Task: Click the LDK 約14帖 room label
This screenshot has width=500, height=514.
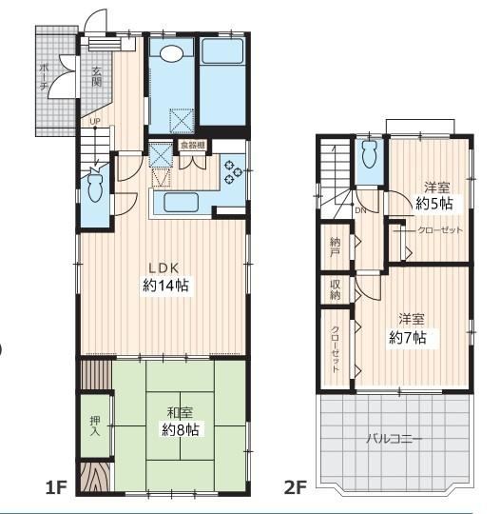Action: pos(165,277)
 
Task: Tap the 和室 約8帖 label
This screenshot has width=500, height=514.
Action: pos(181,422)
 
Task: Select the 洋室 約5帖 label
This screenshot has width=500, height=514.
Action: pos(434,196)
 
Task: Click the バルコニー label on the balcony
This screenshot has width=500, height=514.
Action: pos(394,438)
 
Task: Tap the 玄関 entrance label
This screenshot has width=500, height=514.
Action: pos(96,77)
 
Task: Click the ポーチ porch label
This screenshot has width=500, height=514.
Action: pos(44,77)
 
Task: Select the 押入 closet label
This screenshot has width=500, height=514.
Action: pos(95,425)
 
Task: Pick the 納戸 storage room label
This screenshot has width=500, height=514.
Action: pos(335,247)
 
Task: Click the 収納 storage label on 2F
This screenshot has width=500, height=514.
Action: pos(335,289)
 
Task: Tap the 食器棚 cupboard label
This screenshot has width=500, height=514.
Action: pos(193,145)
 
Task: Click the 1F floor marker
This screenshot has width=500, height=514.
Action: pos(56,487)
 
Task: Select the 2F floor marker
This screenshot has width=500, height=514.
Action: pos(296,487)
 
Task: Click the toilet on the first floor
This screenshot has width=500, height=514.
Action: pos(95,188)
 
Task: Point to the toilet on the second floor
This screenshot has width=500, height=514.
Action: pos(370,154)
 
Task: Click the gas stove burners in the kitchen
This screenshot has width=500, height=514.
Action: pos(232,171)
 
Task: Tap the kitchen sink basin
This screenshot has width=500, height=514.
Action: pos(181,203)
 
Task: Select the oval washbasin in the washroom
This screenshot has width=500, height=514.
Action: pos(171,53)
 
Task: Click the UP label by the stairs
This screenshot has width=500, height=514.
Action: pos(95,121)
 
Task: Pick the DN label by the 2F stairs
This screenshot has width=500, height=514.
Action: pos(360,210)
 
